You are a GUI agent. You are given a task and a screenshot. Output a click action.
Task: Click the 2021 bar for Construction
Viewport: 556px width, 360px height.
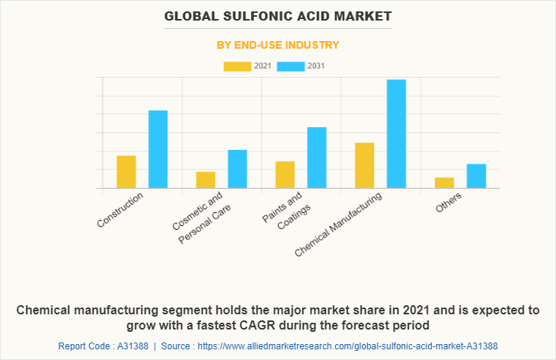(126, 171)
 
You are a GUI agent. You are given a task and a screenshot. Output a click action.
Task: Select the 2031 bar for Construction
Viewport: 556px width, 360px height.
(158, 149)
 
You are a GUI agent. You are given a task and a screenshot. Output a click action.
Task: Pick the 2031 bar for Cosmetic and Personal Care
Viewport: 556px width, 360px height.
(238, 168)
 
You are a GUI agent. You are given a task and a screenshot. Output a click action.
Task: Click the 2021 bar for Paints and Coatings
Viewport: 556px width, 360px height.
(285, 174)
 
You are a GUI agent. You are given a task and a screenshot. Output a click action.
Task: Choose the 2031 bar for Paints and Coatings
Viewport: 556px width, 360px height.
(317, 157)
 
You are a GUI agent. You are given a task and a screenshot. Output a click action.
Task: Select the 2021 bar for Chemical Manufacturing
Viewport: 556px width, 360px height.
(365, 165)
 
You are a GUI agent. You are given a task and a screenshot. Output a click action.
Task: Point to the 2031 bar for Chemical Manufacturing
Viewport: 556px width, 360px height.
(396, 133)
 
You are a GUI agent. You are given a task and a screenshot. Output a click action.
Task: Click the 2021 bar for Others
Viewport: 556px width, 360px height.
(444, 183)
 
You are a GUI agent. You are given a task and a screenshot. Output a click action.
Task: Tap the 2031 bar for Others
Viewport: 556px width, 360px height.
(476, 176)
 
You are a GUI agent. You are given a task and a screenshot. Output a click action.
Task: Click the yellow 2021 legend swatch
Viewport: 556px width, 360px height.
(237, 66)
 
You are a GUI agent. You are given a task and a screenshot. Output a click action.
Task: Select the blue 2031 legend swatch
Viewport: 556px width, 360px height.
(291, 66)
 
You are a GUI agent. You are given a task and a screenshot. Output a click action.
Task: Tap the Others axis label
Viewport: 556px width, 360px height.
(449, 202)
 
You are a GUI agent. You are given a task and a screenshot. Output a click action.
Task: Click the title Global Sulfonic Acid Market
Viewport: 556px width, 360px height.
(277, 15)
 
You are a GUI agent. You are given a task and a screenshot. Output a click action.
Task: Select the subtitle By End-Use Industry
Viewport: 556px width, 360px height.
(277, 45)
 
